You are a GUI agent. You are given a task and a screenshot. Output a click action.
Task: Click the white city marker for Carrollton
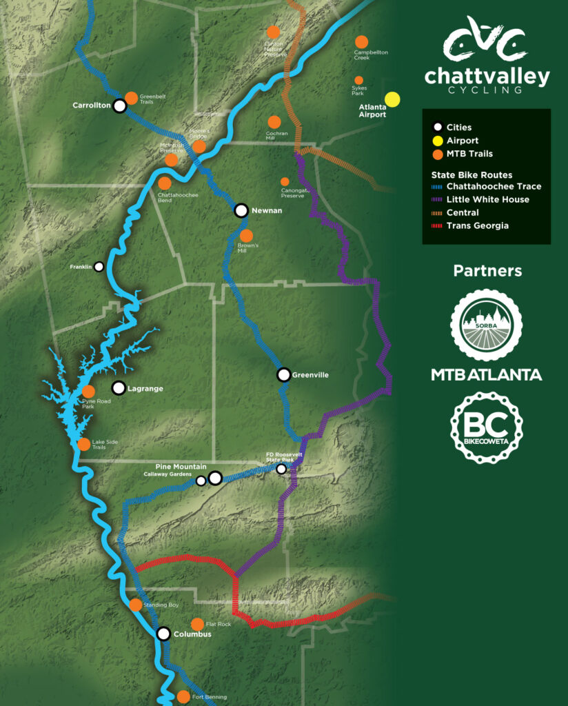pyautogui.click(x=120, y=106)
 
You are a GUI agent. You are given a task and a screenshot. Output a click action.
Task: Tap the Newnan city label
pyautogui.click(x=267, y=210)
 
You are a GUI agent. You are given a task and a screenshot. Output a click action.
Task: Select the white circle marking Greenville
pyautogui.click(x=283, y=375)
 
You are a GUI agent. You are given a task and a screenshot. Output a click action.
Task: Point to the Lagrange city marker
pyautogui.click(x=119, y=388)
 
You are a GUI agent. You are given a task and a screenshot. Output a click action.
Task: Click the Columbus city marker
pyautogui.click(x=163, y=634)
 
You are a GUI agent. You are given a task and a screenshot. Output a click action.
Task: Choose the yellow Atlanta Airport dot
pyautogui.click(x=392, y=99)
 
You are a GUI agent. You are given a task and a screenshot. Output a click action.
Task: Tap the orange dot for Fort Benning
pyautogui.click(x=183, y=696)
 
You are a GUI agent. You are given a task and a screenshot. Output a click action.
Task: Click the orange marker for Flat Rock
pyautogui.click(x=197, y=624)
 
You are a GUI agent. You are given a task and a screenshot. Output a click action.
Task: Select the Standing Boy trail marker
pyautogui.click(x=135, y=605)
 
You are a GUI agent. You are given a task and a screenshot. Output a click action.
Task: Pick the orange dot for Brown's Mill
pyautogui.click(x=246, y=236)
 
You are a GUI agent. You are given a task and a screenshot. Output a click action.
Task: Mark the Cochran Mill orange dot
pyautogui.click(x=274, y=122)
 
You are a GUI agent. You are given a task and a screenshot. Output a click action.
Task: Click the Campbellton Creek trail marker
pyautogui.click(x=361, y=41)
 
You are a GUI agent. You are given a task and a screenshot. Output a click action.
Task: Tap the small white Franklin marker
pyautogui.click(x=99, y=267)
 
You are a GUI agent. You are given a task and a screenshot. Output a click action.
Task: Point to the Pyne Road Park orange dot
pyautogui.click(x=88, y=392)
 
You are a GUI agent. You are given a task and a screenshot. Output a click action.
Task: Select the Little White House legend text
pyautogui.click(x=487, y=199)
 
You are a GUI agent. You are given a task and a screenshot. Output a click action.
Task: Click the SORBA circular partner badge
pyautogui.click(x=486, y=325)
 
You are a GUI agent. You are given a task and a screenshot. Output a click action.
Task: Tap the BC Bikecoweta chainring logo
pyautogui.click(x=486, y=427)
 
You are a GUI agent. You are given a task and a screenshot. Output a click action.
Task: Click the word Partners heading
pyautogui.click(x=486, y=271)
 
